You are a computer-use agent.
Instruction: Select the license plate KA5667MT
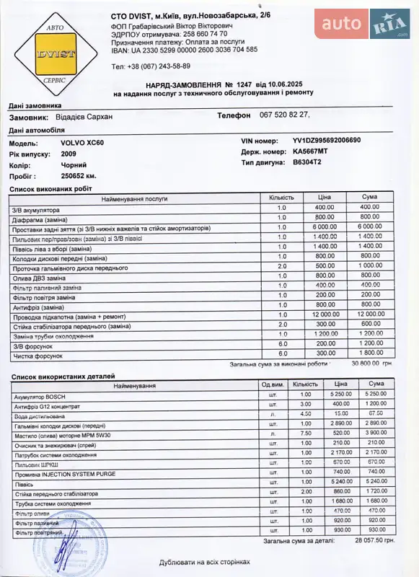(310, 152)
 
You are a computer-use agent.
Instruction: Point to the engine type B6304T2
(307, 163)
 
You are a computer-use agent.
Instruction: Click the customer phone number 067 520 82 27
(284, 115)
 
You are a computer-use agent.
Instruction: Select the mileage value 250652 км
(79, 176)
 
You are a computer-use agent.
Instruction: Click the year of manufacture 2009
(69, 154)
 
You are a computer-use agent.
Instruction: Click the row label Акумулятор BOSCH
(41, 396)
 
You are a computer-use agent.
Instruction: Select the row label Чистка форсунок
(38, 355)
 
